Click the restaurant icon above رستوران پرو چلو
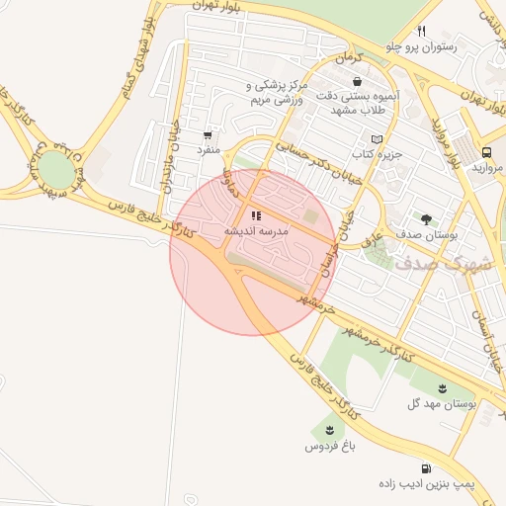pos(422,31)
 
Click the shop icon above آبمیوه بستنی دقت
pos(356,82)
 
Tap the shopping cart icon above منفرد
pos(208,134)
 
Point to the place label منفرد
pos(207,150)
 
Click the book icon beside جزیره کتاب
pos(376,139)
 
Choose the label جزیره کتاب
pos(376,155)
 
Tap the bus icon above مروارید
pos(487,152)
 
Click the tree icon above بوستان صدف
pos(426,219)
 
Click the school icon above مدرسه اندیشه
pos(255,214)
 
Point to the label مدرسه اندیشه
pos(255,230)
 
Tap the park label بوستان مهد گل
pos(443,404)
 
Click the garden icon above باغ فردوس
pos(328,430)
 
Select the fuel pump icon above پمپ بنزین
pos(426,468)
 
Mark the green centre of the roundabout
pos(57,170)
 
